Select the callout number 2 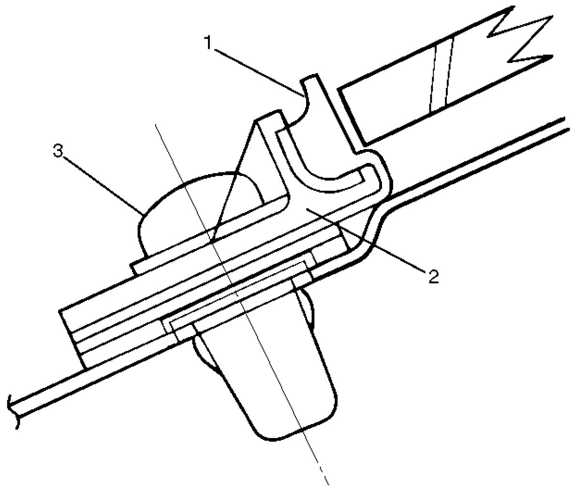[x=432, y=276]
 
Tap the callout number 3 [x=58, y=151]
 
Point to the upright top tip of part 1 [x=309, y=79]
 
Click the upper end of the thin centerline [x=156, y=125]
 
